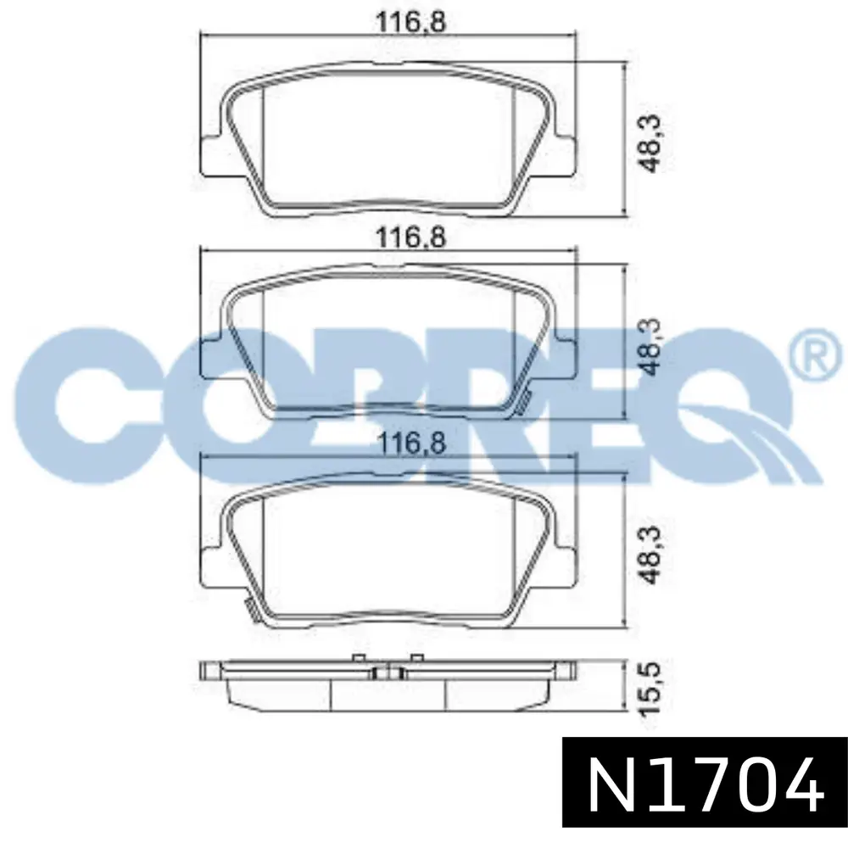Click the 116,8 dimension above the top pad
410,23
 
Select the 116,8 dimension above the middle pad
410,237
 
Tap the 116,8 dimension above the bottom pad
410,444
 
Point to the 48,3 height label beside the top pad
650,143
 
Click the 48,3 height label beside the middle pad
650,346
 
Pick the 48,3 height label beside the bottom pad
650,555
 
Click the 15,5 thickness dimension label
650,689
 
